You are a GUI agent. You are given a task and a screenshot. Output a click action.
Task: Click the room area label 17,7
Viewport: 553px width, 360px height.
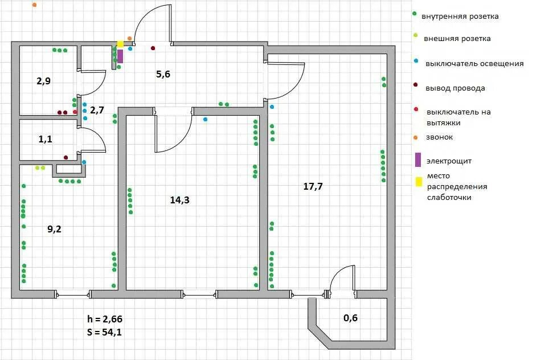click(x=313, y=186)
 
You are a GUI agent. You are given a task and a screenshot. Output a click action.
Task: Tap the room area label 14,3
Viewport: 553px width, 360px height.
click(x=179, y=200)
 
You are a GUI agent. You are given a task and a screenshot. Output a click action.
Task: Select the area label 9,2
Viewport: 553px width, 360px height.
click(x=54, y=229)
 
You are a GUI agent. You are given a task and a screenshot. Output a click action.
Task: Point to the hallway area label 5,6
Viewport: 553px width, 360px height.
click(x=163, y=74)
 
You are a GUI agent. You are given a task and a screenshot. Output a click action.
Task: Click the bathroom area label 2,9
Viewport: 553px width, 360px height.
click(x=43, y=81)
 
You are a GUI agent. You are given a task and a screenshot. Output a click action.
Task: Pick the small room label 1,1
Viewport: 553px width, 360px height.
click(x=45, y=140)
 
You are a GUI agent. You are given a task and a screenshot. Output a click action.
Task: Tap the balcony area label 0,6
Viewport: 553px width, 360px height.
click(x=350, y=318)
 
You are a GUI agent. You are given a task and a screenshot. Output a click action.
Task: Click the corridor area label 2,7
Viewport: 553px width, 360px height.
click(x=97, y=111)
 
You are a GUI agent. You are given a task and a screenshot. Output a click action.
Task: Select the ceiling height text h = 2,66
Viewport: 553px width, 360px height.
click(x=105, y=319)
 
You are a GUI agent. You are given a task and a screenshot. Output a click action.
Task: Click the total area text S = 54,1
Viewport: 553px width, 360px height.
click(x=104, y=332)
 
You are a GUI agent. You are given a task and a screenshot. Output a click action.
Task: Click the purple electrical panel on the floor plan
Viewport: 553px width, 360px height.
click(x=120, y=56)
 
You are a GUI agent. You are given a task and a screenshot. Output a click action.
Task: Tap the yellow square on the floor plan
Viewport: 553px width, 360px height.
click(x=120, y=44)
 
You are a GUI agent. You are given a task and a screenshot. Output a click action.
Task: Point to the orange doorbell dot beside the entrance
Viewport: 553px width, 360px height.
click(x=129, y=38)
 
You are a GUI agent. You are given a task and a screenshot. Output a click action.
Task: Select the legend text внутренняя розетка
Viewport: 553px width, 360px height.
click(x=460, y=17)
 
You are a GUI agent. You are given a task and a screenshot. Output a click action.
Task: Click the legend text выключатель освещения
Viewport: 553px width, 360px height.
click(x=474, y=64)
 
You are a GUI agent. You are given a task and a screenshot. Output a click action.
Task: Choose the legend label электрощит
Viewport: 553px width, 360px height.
click(x=449, y=161)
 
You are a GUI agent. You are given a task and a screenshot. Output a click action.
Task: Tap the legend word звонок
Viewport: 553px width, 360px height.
click(x=439, y=137)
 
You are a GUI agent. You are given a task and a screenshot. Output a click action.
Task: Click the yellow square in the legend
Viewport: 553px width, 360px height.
click(x=419, y=182)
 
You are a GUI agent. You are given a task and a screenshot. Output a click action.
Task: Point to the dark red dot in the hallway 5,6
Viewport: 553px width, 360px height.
click(x=153, y=48)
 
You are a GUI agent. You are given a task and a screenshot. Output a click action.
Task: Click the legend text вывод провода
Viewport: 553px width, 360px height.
click(x=455, y=88)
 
